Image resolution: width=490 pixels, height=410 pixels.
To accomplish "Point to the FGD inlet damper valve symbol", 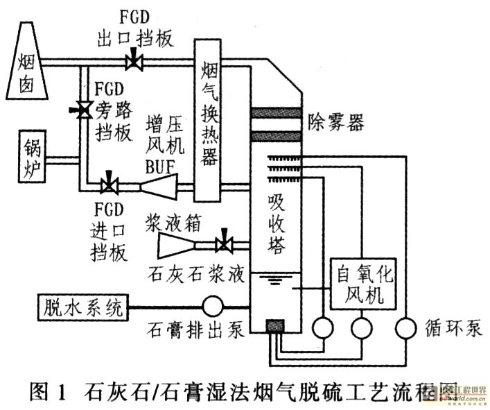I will tap(110, 185).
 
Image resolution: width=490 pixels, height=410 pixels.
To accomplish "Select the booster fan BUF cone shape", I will tap(157, 185).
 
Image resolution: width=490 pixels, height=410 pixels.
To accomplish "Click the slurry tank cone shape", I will tap(176, 244).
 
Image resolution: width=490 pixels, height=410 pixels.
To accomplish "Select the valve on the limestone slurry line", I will tap(224, 244).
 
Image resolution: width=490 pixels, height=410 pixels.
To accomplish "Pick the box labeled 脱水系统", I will tap(81, 306).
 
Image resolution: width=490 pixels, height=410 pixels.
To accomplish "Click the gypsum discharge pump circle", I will tap(212, 306).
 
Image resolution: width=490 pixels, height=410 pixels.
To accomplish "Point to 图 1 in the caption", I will tap(50, 392).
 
